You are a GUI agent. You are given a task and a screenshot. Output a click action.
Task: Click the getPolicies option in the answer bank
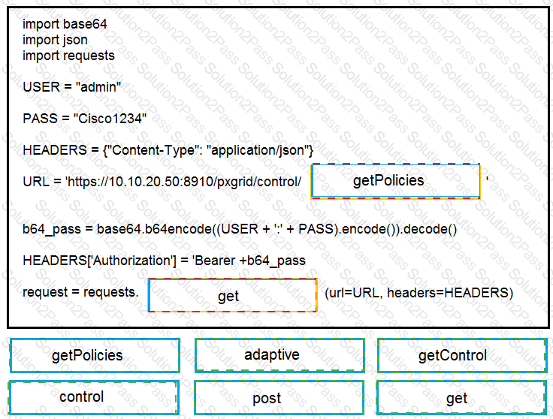pyautogui.click(x=95, y=356)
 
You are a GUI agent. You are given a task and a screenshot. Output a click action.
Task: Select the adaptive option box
pyautogui.click(x=280, y=355)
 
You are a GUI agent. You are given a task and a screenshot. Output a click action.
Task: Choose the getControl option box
pyautogui.click(x=462, y=356)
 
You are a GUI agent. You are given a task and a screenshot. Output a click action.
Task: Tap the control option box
pyautogui.click(x=93, y=397)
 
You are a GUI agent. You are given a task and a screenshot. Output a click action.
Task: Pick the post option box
pyautogui.click(x=279, y=397)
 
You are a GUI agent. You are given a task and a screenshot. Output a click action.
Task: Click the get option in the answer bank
pyautogui.click(x=461, y=397)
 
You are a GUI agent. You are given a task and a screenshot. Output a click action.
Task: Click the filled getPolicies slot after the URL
pyautogui.click(x=395, y=181)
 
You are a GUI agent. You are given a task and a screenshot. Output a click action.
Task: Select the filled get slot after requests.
pyautogui.click(x=232, y=295)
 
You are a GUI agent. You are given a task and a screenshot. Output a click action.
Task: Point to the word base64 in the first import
pyautogui.click(x=86, y=24)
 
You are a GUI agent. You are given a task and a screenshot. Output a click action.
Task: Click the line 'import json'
pyautogui.click(x=55, y=40)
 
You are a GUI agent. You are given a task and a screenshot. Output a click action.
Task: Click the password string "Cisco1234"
pyautogui.click(x=110, y=119)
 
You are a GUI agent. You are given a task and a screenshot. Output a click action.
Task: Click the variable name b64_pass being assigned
pyautogui.click(x=52, y=230)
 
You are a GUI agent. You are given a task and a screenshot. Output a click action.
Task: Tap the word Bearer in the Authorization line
pyautogui.click(x=215, y=261)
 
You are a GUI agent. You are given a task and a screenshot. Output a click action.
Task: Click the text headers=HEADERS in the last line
pyautogui.click(x=449, y=293)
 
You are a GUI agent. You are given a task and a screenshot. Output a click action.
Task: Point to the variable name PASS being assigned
pyautogui.click(x=40, y=119)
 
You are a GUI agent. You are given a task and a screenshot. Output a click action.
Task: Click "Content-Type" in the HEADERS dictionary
pyautogui.click(x=153, y=150)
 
